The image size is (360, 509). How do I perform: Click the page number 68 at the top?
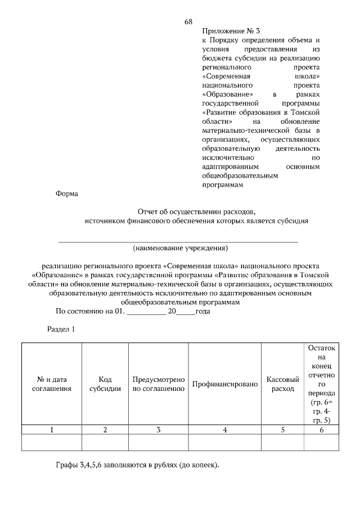tap(188, 22)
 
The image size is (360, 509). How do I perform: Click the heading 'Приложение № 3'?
tap(231, 31)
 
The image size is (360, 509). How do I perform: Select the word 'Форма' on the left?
tap(67, 194)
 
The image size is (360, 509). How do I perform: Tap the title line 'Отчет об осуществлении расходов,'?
tap(196, 212)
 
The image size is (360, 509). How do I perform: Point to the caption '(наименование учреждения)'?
tap(181, 247)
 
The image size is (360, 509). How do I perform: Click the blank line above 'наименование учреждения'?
tap(178, 241)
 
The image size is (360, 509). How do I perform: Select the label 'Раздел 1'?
tap(60, 329)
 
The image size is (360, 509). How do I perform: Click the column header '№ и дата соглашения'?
tap(51, 384)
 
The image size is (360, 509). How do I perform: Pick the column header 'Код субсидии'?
tap(105, 384)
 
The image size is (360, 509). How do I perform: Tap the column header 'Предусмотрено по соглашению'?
tap(159, 384)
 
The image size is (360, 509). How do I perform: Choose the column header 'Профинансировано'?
tap(224, 384)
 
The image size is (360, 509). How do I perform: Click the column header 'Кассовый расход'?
tap(282, 384)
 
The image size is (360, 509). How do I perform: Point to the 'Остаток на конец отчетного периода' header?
tap(321, 384)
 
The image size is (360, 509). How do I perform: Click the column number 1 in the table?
tap(51, 430)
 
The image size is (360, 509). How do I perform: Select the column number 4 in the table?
tap(224, 430)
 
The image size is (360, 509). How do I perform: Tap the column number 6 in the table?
tap(321, 430)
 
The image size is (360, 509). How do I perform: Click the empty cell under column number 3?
tap(159, 443)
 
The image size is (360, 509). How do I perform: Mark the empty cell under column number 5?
tap(282, 443)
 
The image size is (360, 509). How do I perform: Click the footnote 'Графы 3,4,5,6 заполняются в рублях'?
tap(137, 466)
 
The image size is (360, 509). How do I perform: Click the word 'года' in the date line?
tap(202, 311)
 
